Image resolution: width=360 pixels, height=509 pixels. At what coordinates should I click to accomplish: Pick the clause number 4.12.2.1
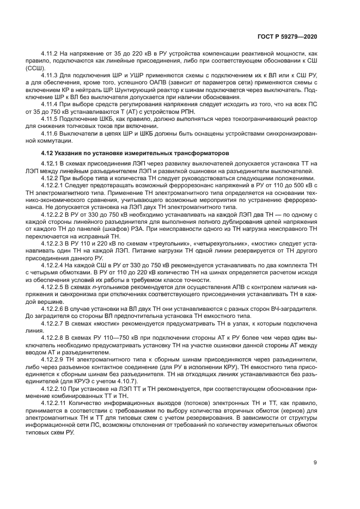coord(53,186)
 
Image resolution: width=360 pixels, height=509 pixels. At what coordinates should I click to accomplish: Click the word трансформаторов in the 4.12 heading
coord(199,153)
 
